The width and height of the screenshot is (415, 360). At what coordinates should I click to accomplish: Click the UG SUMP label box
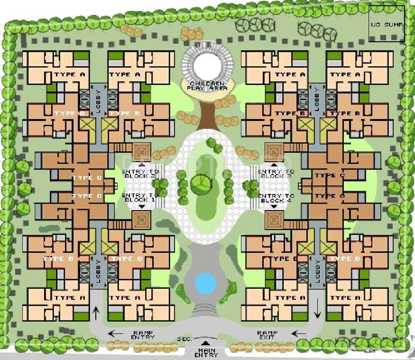[x=387, y=24]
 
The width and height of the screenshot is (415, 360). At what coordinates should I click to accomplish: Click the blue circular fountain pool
[x=205, y=283]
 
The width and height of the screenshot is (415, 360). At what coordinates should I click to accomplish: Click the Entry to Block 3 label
[x=276, y=174]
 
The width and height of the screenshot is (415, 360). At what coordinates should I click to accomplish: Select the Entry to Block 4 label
[x=276, y=198]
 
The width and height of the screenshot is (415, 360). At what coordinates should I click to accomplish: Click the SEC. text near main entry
[x=184, y=339]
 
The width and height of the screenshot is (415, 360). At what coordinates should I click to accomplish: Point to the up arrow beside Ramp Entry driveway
[x=96, y=312]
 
